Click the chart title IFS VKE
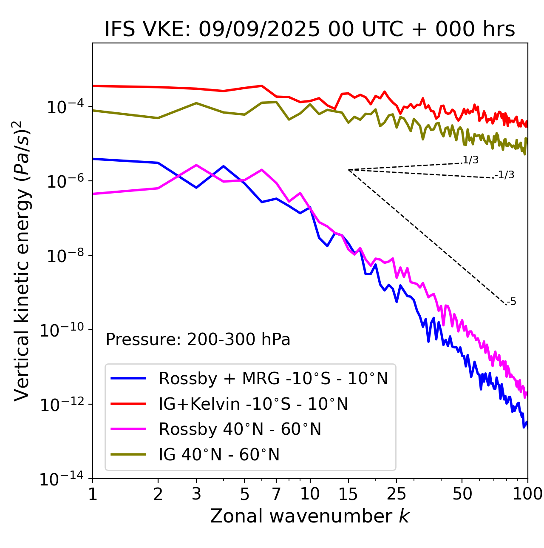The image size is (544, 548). click(309, 30)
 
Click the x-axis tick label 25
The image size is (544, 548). click(396, 494)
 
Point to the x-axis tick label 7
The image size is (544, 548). click(276, 494)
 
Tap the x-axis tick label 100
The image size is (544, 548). click(527, 494)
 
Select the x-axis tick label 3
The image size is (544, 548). click(196, 494)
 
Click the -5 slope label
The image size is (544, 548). click(512, 302)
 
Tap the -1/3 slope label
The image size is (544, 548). click(505, 174)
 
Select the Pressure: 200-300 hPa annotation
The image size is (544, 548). click(198, 340)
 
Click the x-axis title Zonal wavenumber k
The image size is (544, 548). click(309, 516)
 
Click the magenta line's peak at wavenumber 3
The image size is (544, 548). click(196, 165)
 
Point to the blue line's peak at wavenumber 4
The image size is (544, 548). click(223, 166)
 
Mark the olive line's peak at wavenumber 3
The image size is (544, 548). click(196, 103)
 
